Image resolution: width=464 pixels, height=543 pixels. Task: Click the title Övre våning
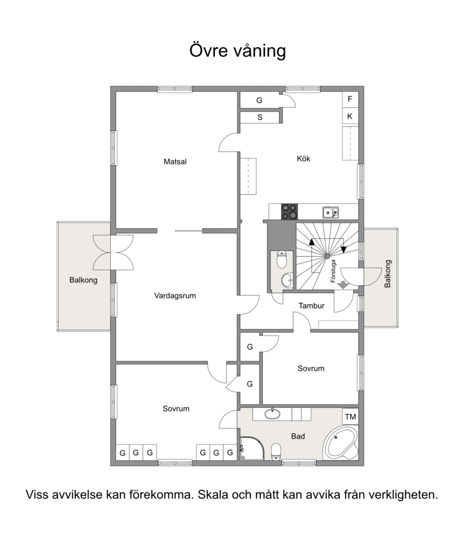click(x=237, y=50)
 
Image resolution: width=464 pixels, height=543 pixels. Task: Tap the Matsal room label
click(x=175, y=161)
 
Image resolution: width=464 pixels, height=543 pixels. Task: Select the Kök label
click(x=303, y=159)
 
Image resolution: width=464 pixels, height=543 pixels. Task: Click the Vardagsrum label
click(x=175, y=296)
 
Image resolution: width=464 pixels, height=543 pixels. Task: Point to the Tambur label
click(x=311, y=305)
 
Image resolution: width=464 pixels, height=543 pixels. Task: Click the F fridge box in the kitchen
click(x=350, y=100)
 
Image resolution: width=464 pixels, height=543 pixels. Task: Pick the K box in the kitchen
click(x=350, y=116)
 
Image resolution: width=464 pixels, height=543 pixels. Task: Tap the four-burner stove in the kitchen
click(x=289, y=212)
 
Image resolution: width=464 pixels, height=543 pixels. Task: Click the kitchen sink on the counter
click(x=331, y=212)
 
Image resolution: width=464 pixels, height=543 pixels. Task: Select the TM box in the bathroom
click(x=350, y=417)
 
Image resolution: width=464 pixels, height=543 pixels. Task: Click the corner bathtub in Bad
click(x=340, y=443)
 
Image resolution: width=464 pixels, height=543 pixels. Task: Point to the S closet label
click(x=260, y=118)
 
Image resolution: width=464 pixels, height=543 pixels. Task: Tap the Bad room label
click(x=298, y=436)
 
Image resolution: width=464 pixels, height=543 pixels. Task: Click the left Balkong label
click(x=83, y=280)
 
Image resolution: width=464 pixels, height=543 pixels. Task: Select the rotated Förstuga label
click(x=333, y=271)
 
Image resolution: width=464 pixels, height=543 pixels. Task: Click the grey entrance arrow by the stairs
click(x=343, y=285)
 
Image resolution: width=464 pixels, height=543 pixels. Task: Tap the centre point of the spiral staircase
click(x=327, y=256)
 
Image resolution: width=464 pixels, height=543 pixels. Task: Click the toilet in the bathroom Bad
click(x=276, y=451)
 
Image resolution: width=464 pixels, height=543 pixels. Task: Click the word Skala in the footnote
click(x=213, y=494)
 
